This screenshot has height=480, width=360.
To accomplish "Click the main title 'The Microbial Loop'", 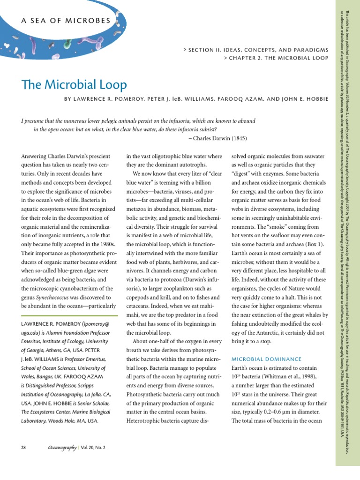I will pos(74,85).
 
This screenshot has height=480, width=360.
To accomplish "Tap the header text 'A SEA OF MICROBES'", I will pos(66,21).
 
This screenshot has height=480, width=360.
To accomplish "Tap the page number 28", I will pos(24,447).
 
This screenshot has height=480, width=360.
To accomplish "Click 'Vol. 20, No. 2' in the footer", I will pos(92,447).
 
